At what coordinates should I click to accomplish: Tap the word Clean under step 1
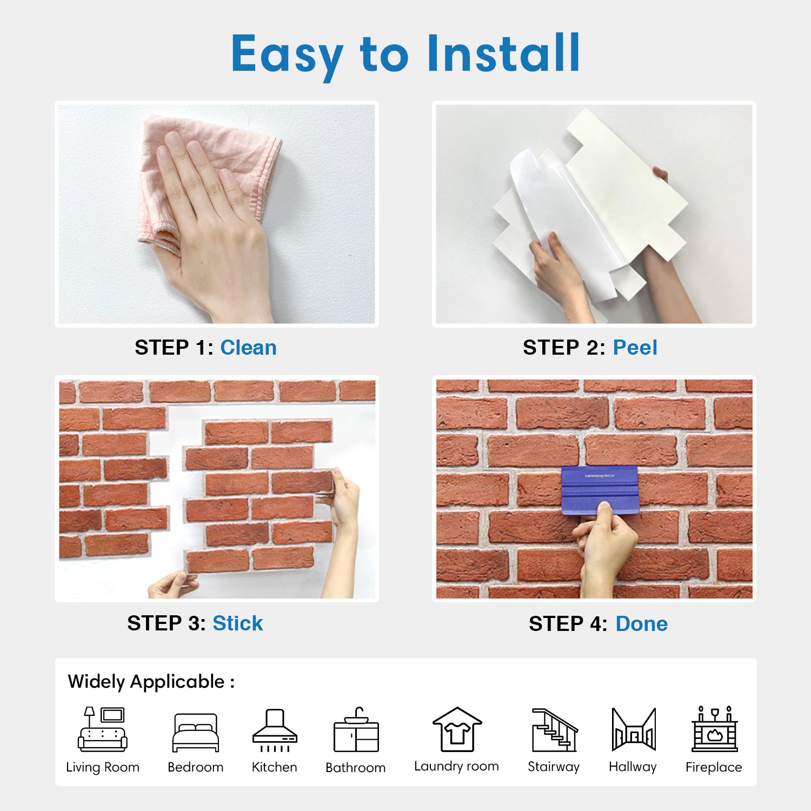(248, 348)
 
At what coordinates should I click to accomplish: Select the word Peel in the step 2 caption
(635, 348)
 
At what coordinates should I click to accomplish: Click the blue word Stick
(237, 623)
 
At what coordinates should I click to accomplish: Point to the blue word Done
(642, 624)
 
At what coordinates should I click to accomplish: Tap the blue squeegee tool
(600, 490)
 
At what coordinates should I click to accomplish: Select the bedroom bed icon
(196, 733)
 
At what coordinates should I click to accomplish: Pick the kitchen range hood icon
(275, 730)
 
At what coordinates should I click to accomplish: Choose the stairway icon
(555, 730)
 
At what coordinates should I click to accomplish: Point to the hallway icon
(634, 729)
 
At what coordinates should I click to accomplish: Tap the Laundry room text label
(456, 766)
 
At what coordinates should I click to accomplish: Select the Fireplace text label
(714, 767)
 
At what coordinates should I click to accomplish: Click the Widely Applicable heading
(151, 682)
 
